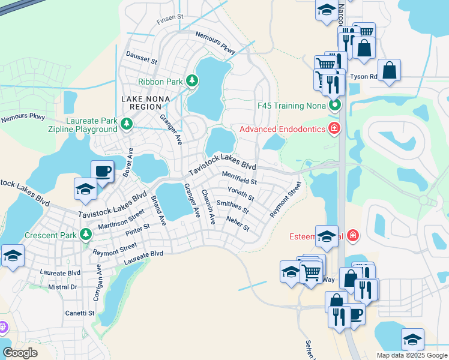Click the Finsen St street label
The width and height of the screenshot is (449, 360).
[170, 19]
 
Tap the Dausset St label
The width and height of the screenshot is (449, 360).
[141, 59]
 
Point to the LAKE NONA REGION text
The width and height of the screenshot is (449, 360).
[145, 103]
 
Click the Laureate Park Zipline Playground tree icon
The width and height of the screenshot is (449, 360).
[126, 124]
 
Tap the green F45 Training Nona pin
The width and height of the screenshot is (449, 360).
[334, 106]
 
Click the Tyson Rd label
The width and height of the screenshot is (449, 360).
[364, 77]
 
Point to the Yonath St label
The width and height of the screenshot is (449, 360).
[241, 193]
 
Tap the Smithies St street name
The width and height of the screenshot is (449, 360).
[232, 207]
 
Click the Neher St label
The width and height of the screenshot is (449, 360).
[238, 224]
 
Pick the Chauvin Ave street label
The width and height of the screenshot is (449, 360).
[208, 207]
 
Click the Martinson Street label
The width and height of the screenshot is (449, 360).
[121, 220]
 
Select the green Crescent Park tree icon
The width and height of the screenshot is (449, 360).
[86, 235]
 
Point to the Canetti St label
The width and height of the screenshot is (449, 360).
[80, 313]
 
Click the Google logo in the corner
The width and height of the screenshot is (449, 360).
[20, 353]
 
